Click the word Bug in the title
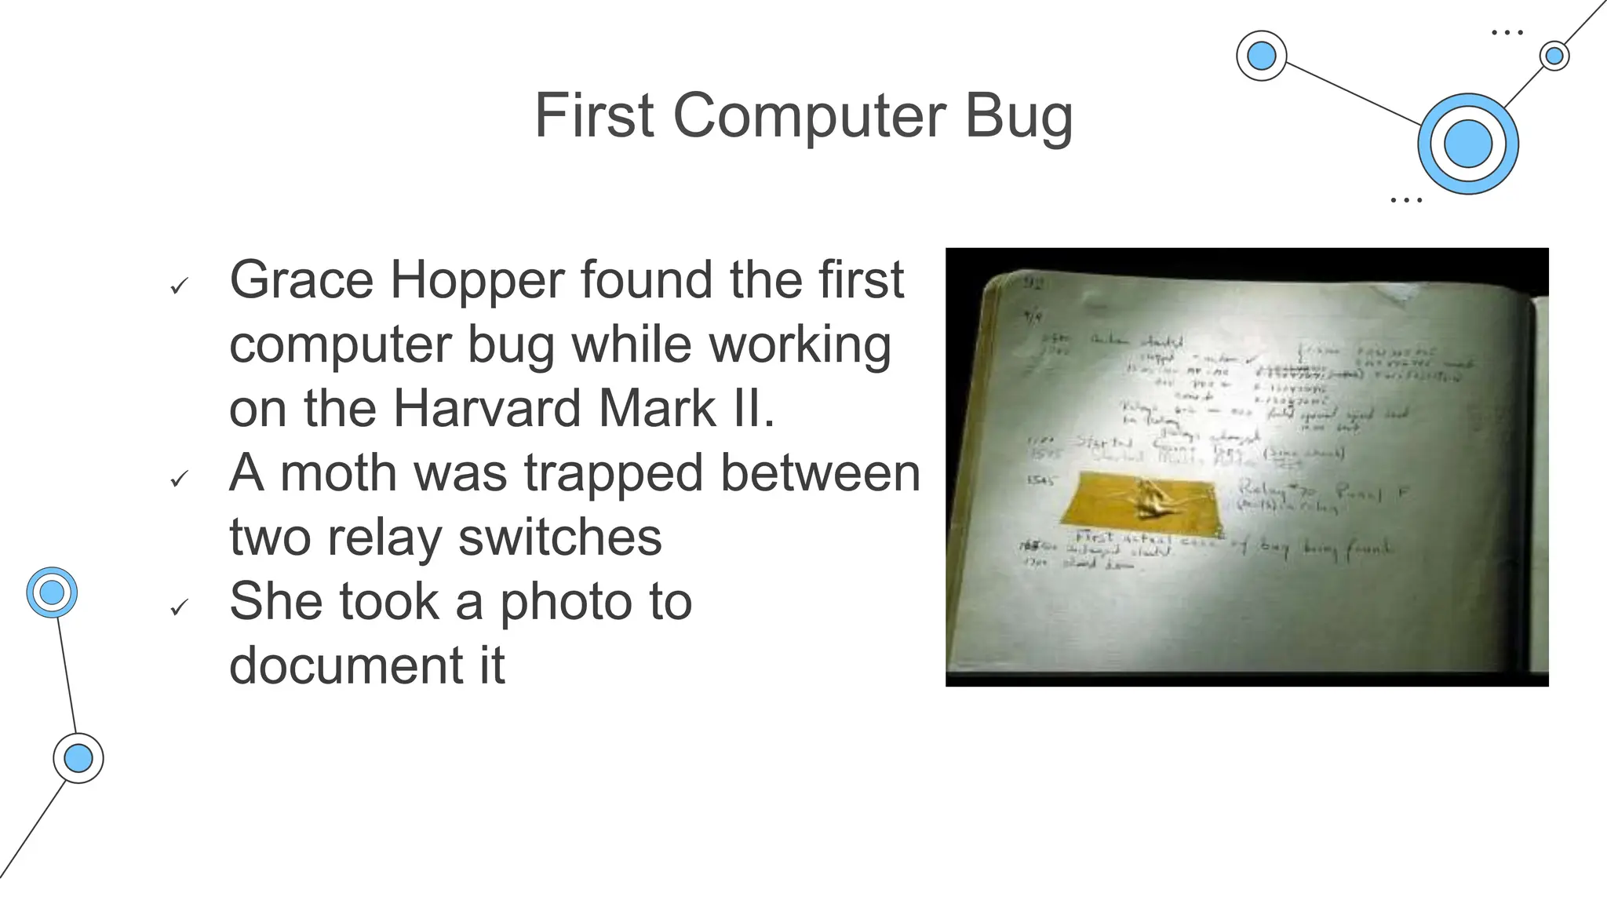pyautogui.click(x=1018, y=116)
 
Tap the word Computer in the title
pyautogui.click(x=809, y=116)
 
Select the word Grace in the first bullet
pyautogui.click(x=301, y=279)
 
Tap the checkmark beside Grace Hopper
pyautogui.click(x=180, y=286)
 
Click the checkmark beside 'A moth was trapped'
pyautogui.click(x=180, y=479)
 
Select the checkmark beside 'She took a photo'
pyautogui.click(x=180, y=607)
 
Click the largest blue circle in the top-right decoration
pyautogui.click(x=1467, y=144)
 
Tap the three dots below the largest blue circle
pyautogui.click(x=1405, y=200)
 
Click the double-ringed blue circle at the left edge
pyautogui.click(x=52, y=592)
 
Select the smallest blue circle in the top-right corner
pyautogui.click(x=1554, y=56)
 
